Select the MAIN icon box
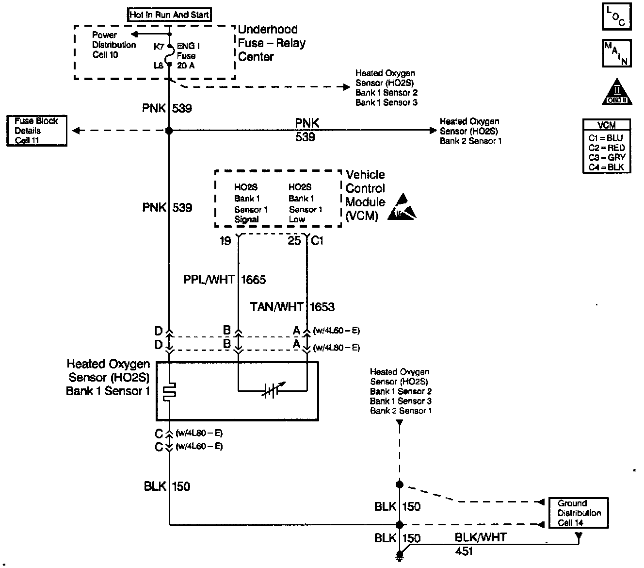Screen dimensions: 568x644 coord(616,53)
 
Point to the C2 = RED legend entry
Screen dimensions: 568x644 coord(607,148)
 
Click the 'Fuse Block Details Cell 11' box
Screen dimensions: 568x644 coord(36,131)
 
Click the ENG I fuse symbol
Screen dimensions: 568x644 coord(169,56)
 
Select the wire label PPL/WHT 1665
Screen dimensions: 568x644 coord(225,280)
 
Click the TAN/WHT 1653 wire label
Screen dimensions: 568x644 coord(292,307)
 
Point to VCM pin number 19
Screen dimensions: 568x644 coord(225,241)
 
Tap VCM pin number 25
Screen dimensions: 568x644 coord(294,241)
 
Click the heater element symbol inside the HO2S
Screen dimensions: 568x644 coord(170,391)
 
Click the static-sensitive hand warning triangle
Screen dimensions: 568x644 coord(402,207)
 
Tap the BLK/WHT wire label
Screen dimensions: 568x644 coord(480,537)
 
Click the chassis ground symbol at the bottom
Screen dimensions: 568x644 coord(400,556)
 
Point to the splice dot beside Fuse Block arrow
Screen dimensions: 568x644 coord(169,131)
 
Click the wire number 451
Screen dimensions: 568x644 coord(464,551)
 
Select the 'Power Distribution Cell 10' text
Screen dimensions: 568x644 coord(113,45)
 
